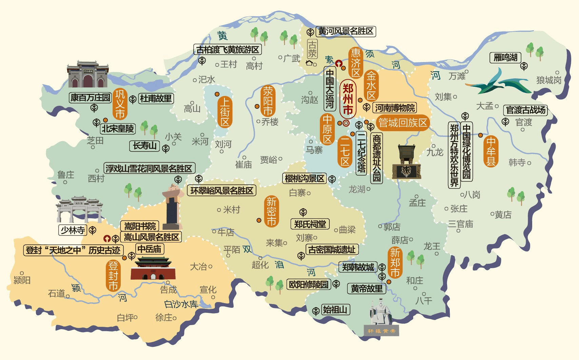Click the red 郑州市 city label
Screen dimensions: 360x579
(x=348, y=99)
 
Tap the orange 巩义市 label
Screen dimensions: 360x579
(x=120, y=104)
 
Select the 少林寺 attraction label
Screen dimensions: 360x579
(x=73, y=230)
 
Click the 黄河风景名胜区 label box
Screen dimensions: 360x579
(x=346, y=32)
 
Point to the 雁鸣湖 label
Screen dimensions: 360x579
(x=505, y=58)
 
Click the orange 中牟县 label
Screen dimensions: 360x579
(x=490, y=151)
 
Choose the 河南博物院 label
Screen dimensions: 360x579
(x=394, y=108)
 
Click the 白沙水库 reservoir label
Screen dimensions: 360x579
(x=181, y=304)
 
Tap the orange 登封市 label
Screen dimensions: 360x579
(x=113, y=275)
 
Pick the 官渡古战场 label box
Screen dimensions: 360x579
(x=525, y=110)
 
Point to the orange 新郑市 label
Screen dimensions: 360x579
(x=395, y=262)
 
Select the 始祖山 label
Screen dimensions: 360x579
(x=335, y=309)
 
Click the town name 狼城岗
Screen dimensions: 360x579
(x=548, y=80)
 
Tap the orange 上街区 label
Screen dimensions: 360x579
(x=225, y=112)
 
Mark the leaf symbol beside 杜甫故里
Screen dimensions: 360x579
(x=133, y=99)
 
